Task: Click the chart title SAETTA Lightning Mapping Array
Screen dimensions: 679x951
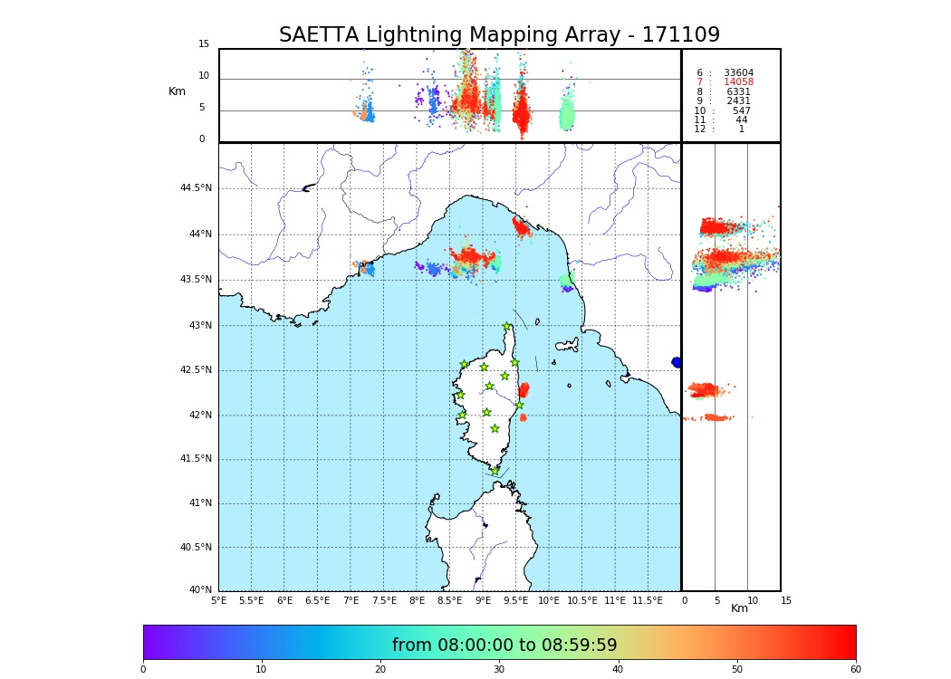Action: tap(499, 35)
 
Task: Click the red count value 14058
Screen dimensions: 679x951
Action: tap(738, 82)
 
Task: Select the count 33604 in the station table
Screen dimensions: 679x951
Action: tap(738, 72)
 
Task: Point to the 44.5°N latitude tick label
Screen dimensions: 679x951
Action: tap(196, 188)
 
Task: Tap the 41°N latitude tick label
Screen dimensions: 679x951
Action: tap(199, 503)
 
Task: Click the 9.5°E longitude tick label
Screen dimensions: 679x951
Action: tap(516, 600)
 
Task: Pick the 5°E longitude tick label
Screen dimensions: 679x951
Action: tap(219, 600)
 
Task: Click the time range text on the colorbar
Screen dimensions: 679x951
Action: tap(504, 645)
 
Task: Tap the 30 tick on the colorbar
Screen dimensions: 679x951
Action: tap(499, 670)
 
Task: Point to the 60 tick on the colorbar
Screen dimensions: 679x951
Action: tap(855, 670)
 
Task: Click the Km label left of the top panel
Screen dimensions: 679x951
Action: tap(177, 91)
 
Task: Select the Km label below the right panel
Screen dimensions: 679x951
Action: tap(740, 608)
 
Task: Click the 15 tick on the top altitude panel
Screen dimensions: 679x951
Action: tap(204, 44)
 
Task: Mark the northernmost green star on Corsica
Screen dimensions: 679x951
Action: tap(507, 327)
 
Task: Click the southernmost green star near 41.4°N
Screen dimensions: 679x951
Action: tap(495, 471)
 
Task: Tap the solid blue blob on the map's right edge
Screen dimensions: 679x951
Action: tap(677, 362)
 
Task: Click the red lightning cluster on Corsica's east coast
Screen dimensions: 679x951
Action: tap(524, 390)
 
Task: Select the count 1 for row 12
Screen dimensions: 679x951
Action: tap(741, 129)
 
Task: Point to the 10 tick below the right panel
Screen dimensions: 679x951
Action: tap(747, 600)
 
